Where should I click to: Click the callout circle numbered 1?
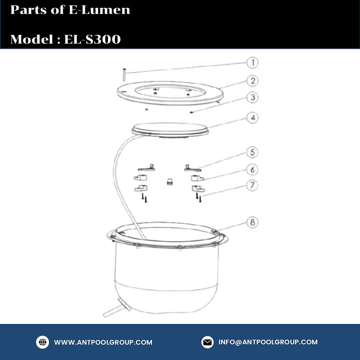click(252, 63)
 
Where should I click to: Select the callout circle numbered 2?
click(253, 81)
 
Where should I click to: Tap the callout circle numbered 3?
click(253, 98)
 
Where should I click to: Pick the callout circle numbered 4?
click(253, 118)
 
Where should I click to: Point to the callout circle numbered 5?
click(252, 152)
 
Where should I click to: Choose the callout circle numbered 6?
click(252, 170)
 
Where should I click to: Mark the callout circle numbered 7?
click(252, 186)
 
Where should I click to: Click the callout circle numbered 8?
click(252, 223)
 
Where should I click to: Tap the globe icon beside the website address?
click(43, 342)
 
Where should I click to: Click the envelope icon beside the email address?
click(208, 342)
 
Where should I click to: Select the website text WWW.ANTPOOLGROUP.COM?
click(103, 342)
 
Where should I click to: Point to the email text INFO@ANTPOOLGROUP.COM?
click(268, 342)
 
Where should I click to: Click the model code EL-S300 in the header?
click(92, 39)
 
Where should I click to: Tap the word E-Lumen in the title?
click(99, 10)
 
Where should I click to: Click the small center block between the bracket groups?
click(170, 181)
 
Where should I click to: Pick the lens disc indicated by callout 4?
click(170, 130)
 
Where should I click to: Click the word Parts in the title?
click(29, 10)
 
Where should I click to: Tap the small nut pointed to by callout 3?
click(191, 112)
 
